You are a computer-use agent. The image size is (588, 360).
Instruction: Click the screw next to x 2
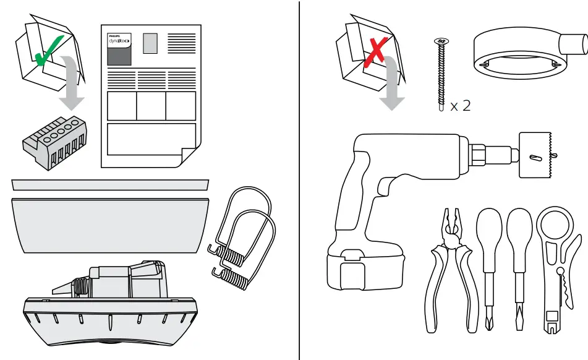click(441, 74)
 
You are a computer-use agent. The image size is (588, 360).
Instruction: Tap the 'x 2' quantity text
click(460, 106)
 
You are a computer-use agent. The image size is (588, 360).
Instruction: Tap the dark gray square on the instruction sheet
click(119, 57)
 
